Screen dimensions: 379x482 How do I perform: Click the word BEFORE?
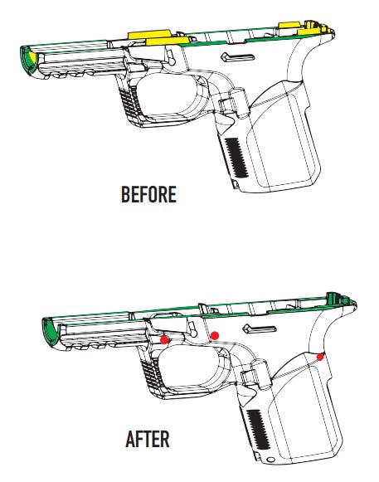coord(148,194)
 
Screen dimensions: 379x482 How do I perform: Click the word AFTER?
coord(148,439)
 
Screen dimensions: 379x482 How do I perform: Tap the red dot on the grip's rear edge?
coord(320,357)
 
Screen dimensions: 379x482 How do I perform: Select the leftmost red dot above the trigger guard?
coord(165,339)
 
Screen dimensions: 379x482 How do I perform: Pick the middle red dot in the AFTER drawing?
coord(215,336)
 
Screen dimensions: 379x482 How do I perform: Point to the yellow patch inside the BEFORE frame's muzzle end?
coord(31,61)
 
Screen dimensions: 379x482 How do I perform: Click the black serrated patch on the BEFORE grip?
coord(236,158)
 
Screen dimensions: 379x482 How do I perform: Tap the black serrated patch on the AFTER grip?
coord(259,429)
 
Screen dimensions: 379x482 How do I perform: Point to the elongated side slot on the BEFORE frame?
coord(238,57)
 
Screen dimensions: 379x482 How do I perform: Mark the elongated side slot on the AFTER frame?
coord(260,329)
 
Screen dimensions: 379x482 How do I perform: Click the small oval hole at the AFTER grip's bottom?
coord(271,460)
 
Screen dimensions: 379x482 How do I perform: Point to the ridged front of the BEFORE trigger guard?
coord(128,102)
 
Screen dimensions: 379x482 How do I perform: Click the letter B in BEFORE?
coord(125,194)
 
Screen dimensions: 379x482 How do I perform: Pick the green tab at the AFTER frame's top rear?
coord(332,298)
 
